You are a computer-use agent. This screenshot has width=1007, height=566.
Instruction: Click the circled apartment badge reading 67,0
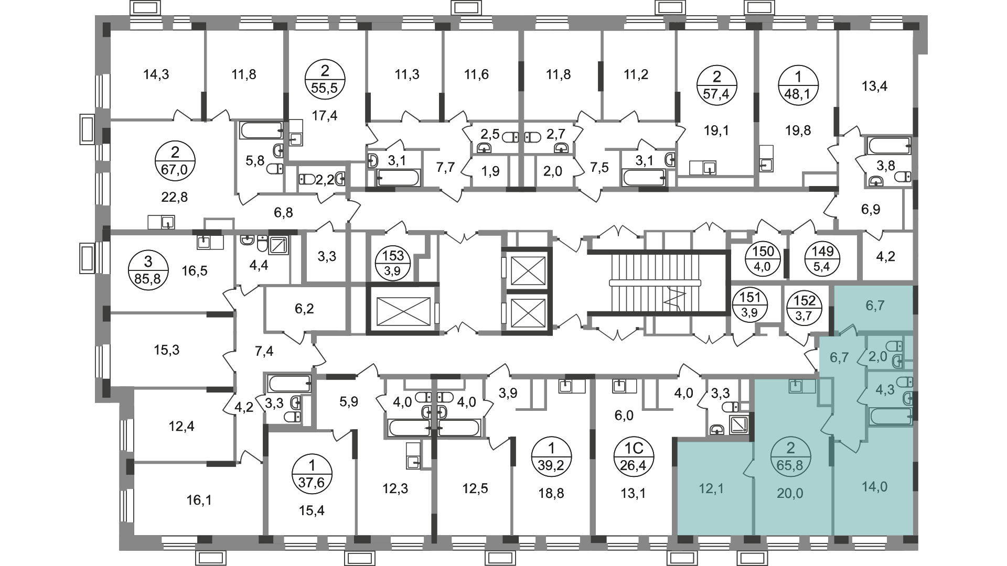[x=175, y=161]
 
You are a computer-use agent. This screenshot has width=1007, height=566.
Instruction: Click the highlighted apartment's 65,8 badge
[x=791, y=457]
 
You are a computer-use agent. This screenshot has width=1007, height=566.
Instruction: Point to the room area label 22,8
[x=175, y=198]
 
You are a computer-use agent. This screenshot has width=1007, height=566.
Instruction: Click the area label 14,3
[x=156, y=75]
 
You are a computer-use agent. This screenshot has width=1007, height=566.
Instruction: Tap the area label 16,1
[x=199, y=500]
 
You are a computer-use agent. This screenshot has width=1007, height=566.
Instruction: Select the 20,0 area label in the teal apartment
[x=790, y=493]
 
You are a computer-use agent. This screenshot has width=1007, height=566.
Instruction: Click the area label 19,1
[x=716, y=130]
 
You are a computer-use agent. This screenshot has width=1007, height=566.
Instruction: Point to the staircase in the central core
[x=656, y=283]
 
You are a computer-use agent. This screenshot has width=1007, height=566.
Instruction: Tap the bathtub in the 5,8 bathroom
[x=261, y=131]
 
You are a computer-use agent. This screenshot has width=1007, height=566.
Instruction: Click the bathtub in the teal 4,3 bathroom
[x=891, y=417]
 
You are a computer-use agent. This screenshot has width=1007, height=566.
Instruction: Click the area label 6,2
[x=304, y=309]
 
